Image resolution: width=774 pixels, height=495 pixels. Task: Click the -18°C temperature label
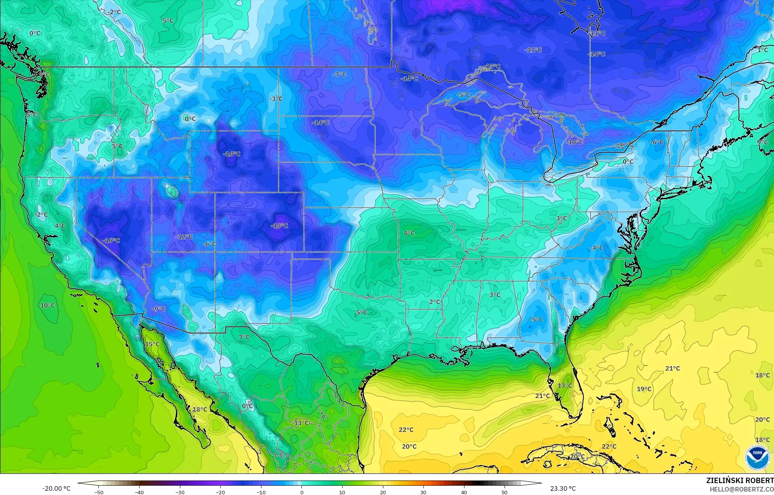[x=279, y=226]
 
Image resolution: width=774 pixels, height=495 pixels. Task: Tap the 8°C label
[x=409, y=233]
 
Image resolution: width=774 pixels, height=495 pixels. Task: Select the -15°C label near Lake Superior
[x=493, y=67]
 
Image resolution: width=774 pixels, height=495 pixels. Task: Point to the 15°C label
[x=152, y=344]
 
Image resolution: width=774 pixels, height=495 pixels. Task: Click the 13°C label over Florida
[x=565, y=385]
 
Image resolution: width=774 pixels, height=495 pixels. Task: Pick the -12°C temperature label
[x=184, y=237]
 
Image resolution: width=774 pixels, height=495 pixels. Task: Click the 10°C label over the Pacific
[x=48, y=305]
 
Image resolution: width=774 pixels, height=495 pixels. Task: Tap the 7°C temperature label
[x=244, y=337]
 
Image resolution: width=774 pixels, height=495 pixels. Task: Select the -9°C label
[x=158, y=309]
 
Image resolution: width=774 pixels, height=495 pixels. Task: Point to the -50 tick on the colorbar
[x=99, y=492]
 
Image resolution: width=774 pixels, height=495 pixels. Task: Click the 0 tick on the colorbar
[x=302, y=492]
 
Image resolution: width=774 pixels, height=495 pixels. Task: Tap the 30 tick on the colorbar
[x=423, y=492]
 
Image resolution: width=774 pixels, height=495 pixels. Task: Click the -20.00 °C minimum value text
[x=57, y=488]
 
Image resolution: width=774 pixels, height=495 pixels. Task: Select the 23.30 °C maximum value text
[x=563, y=488]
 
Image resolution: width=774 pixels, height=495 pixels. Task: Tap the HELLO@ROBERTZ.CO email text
[x=741, y=489]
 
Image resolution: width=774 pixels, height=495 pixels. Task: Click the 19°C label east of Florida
[x=644, y=389]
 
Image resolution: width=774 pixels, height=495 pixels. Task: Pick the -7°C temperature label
[x=340, y=75]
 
